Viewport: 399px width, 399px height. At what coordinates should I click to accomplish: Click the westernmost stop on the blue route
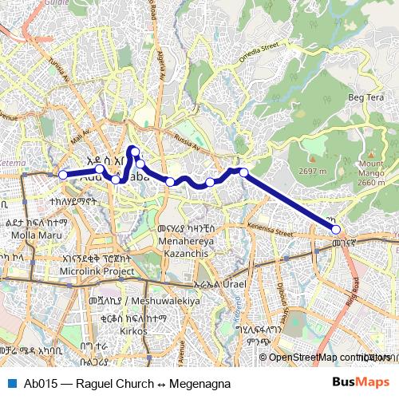(x=63, y=175)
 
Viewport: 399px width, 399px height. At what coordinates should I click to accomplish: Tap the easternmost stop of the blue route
(x=337, y=230)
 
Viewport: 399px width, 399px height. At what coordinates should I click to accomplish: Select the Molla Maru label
(x=30, y=236)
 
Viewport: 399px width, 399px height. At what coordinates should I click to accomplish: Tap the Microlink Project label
(x=97, y=271)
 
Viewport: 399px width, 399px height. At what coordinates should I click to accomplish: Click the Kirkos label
(x=133, y=330)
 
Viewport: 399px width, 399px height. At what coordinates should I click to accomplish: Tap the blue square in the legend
(x=10, y=382)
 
